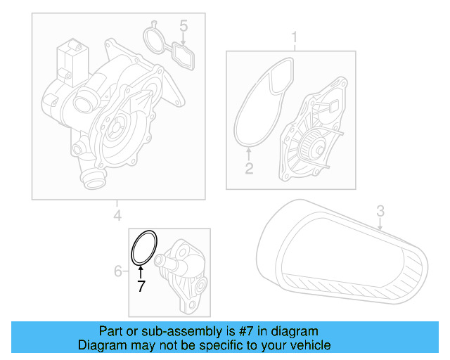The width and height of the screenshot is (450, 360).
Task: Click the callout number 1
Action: point(295,37)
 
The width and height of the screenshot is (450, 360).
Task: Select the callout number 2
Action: point(248,168)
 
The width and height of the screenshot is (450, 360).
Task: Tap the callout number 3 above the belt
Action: point(380,210)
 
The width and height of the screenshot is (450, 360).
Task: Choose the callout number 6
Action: point(118,271)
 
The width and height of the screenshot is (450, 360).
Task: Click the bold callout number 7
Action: point(141,286)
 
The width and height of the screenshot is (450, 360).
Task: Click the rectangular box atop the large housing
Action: point(70,55)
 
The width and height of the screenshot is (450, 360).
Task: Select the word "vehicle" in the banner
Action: point(311,345)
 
